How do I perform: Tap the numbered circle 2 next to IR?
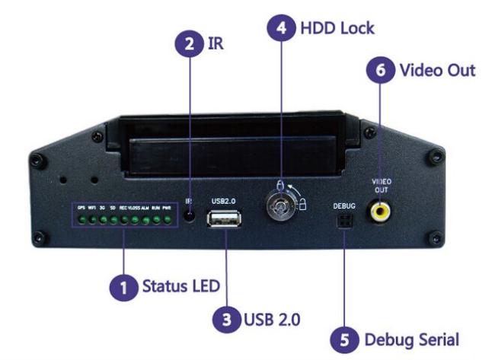coord(185,45)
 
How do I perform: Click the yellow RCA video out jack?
coord(380,212)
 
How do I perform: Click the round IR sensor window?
coord(190,215)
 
